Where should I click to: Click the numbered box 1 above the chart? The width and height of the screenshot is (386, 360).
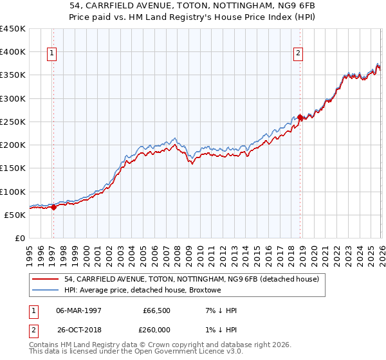[x=52, y=54]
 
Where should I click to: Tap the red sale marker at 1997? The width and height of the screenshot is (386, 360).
[x=53, y=207]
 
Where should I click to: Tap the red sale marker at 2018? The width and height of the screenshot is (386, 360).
[x=300, y=117]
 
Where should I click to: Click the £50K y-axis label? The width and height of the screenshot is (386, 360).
[x=15, y=215]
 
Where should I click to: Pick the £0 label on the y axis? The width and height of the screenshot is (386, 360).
[x=20, y=239]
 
